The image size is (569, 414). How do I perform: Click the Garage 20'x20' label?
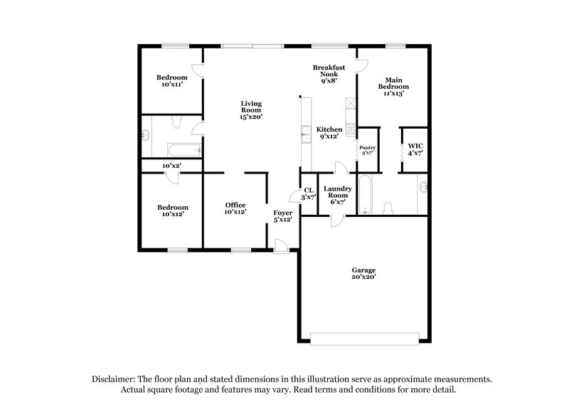pos(363,273)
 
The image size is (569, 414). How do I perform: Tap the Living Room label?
pos(251,110)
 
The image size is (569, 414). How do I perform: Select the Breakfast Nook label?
pos(329,74)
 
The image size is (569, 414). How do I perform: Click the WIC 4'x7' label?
pos(416,149)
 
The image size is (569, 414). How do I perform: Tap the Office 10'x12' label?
pos(235,208)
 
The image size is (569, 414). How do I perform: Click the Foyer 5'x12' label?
pos(283,216)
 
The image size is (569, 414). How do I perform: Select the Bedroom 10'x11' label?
pos(171,81)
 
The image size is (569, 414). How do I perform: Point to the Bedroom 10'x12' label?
pos(171,211)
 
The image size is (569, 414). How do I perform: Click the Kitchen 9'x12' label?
pos(329,132)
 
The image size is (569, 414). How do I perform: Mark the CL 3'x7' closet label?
pos(308,194)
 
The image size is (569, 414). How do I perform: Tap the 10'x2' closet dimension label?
pos(171,166)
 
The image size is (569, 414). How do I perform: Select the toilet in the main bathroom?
pos(388,208)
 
